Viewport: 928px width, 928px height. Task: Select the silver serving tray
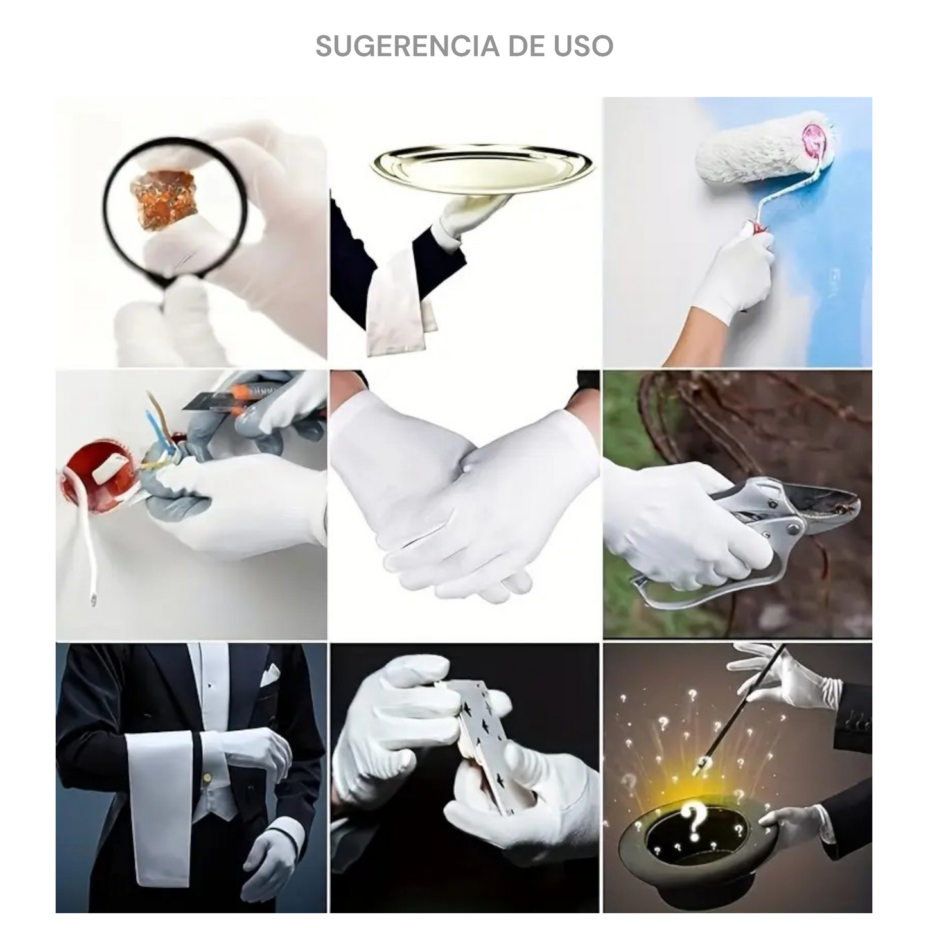point(482,169)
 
